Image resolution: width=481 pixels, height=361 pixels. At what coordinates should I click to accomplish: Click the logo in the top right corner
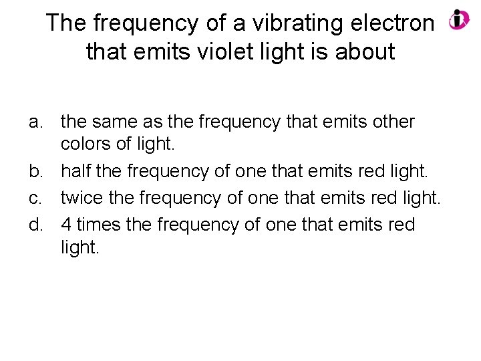[459, 19]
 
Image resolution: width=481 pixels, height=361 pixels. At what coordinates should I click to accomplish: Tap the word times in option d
[98, 225]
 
